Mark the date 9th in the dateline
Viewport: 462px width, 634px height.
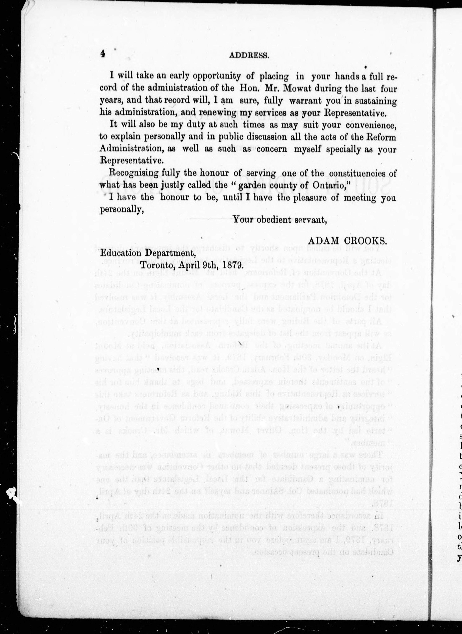pyautogui.click(x=208, y=265)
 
